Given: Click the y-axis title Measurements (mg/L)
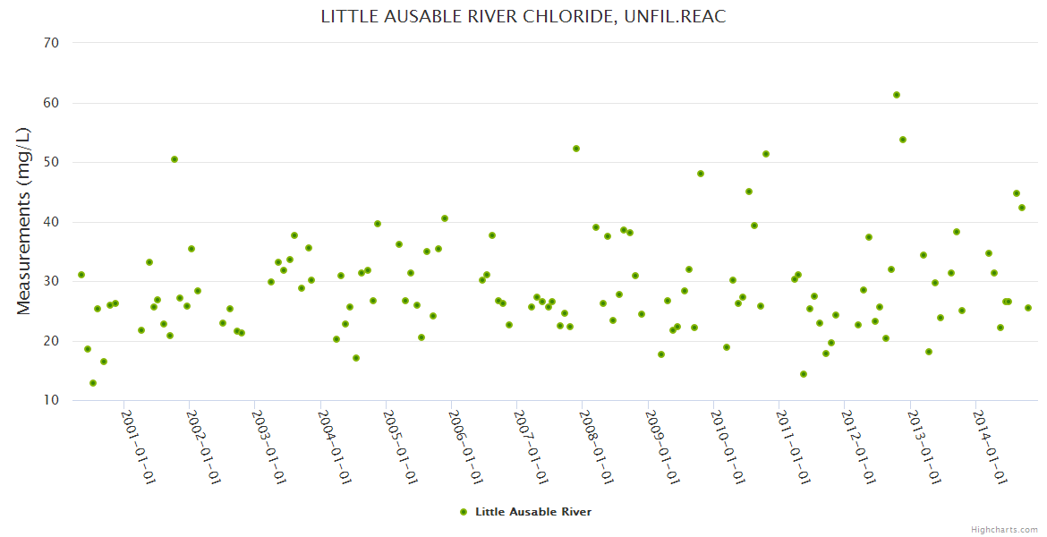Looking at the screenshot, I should [24, 221].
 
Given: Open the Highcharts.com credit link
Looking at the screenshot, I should [1004, 530].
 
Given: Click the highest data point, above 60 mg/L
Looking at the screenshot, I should [897, 95].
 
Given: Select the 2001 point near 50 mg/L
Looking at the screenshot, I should [174, 159].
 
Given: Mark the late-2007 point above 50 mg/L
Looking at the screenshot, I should [576, 149].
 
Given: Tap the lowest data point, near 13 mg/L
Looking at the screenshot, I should [93, 383].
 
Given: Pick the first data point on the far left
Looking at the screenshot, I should [81, 275].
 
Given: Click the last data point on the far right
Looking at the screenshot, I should [1028, 308].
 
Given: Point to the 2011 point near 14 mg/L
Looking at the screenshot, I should [804, 374].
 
